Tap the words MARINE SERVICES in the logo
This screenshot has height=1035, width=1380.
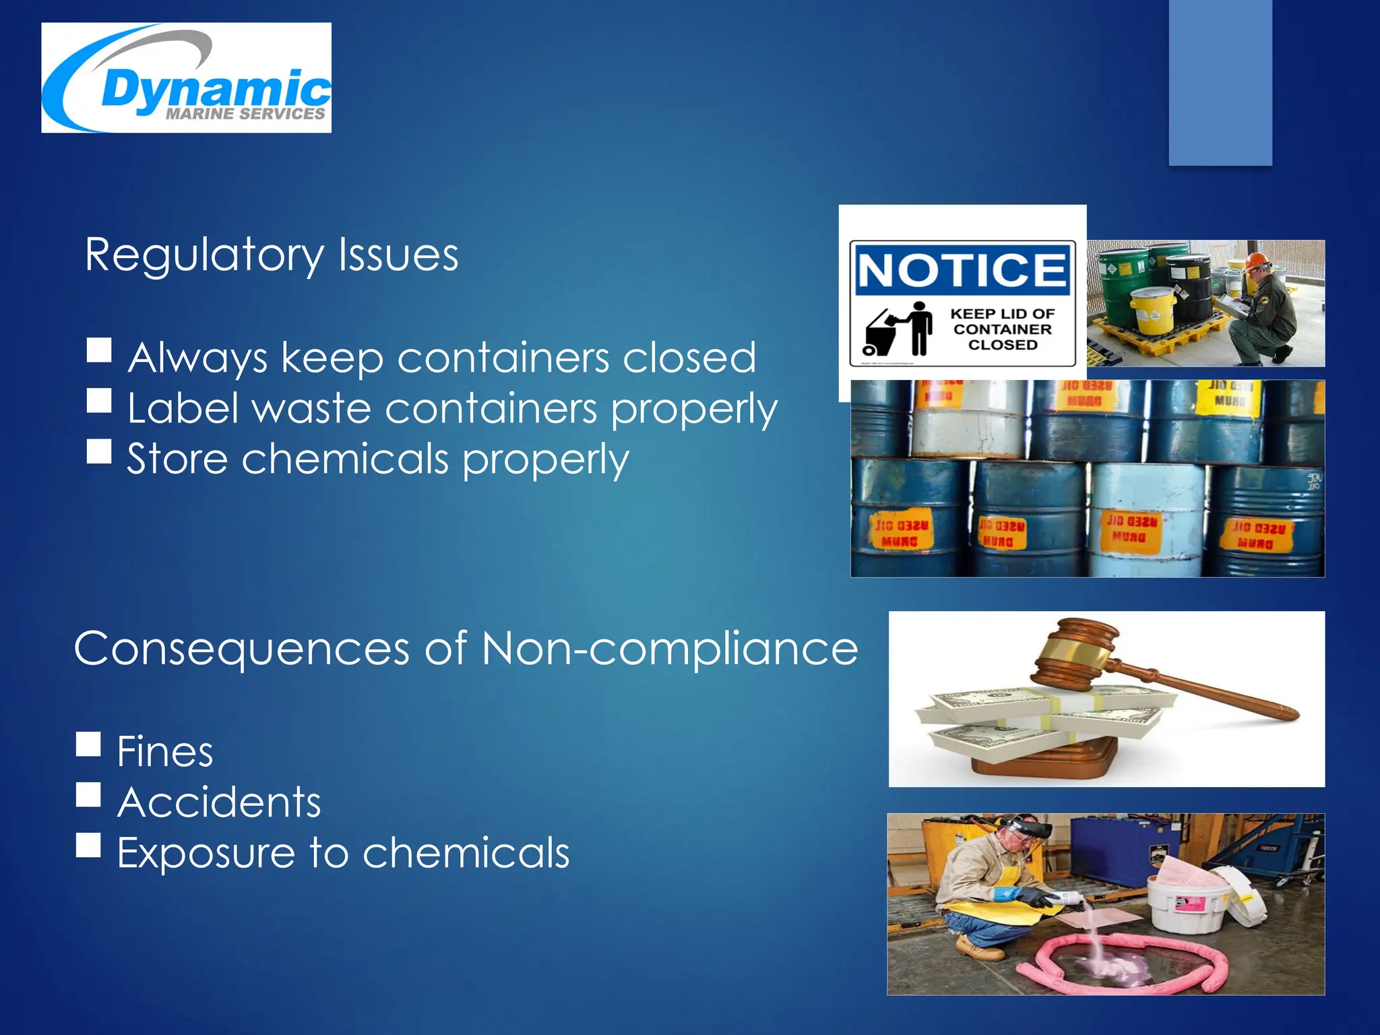[x=245, y=115]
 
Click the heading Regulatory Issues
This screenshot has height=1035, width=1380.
[x=272, y=255]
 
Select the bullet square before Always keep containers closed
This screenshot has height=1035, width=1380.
[x=99, y=350]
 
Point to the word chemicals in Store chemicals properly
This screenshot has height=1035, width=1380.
[x=345, y=460]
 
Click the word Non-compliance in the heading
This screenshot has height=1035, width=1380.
[x=670, y=648]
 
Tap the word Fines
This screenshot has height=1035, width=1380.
[x=165, y=751]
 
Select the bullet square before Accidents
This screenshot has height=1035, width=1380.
[x=89, y=795]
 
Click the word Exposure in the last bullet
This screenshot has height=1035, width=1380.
[x=206, y=853]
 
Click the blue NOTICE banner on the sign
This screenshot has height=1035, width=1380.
[x=962, y=270]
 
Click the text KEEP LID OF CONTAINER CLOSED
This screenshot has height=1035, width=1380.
[x=1002, y=329]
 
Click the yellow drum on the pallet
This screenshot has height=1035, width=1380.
[x=1152, y=310]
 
